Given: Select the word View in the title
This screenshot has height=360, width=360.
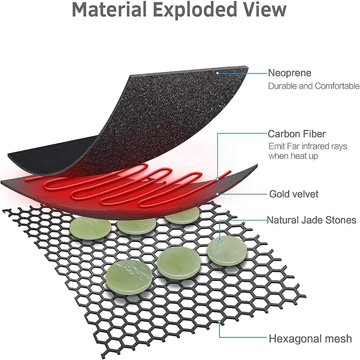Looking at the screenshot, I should pyautogui.click(x=265, y=9).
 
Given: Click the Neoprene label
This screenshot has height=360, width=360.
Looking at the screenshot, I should pyautogui.click(x=289, y=73).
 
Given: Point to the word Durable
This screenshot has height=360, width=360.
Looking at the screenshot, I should pyautogui.click(x=281, y=86).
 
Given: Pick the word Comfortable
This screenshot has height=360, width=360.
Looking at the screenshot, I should pyautogui.click(x=338, y=86).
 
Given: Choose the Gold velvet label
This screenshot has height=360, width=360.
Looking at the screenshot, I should pyautogui.click(x=294, y=194).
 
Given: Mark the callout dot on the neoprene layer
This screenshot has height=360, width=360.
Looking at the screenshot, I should pyautogui.click(x=217, y=72).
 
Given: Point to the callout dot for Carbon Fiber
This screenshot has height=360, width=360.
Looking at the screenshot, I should pyautogui.click(x=217, y=179).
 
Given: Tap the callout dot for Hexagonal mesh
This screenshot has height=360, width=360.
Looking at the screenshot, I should pyautogui.click(x=219, y=322).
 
